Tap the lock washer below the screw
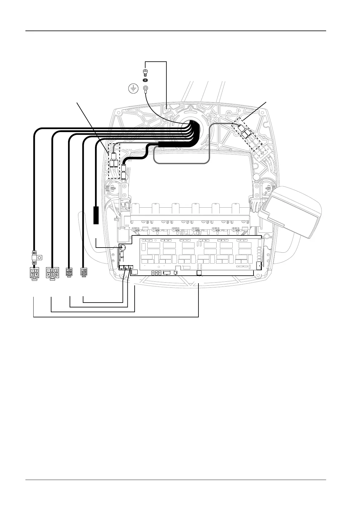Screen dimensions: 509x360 (x=145, y=80)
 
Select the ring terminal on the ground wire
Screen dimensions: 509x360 (x=145, y=89)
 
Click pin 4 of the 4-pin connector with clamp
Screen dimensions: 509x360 (x=36, y=274)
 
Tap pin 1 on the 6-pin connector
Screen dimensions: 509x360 (x=48, y=270)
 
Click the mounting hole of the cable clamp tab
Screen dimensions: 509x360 (x=39, y=258)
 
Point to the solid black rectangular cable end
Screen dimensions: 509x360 (x=96, y=215)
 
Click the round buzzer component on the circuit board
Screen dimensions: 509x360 (x=123, y=248)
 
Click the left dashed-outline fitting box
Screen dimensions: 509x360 (x=114, y=161)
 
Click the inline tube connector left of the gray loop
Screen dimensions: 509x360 (x=124, y=172)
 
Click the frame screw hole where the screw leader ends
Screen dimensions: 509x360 (x=167, y=107)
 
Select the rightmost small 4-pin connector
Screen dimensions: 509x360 (x=83, y=271)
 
